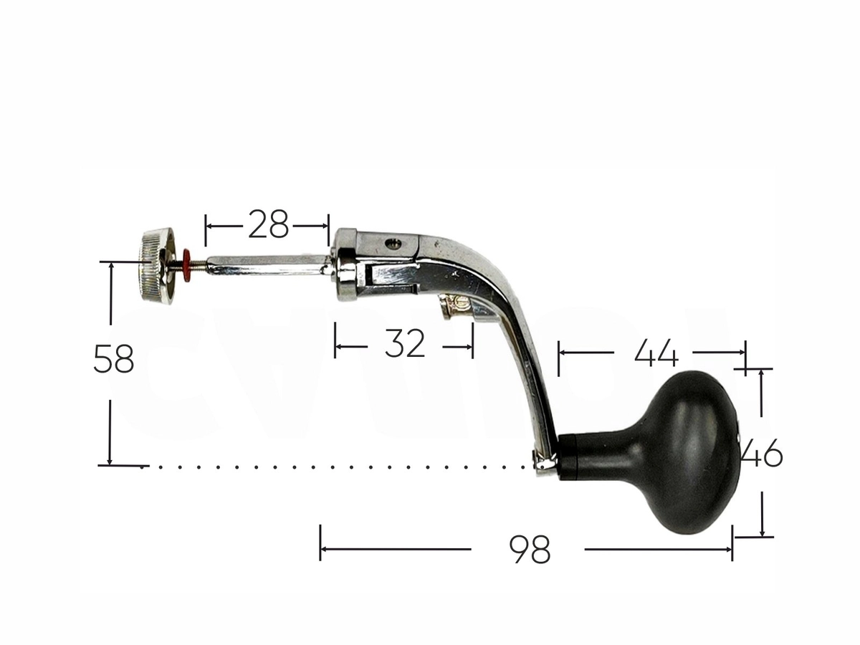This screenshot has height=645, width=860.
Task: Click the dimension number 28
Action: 268,224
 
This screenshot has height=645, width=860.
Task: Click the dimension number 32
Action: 405,343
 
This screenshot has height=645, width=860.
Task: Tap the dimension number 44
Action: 656,353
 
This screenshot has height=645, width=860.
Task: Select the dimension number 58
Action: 114,359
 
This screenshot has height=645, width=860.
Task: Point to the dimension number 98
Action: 530,550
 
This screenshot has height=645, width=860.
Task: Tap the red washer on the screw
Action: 187,264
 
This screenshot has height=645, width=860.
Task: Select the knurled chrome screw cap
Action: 156,265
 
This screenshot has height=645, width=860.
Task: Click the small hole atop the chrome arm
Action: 393,245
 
